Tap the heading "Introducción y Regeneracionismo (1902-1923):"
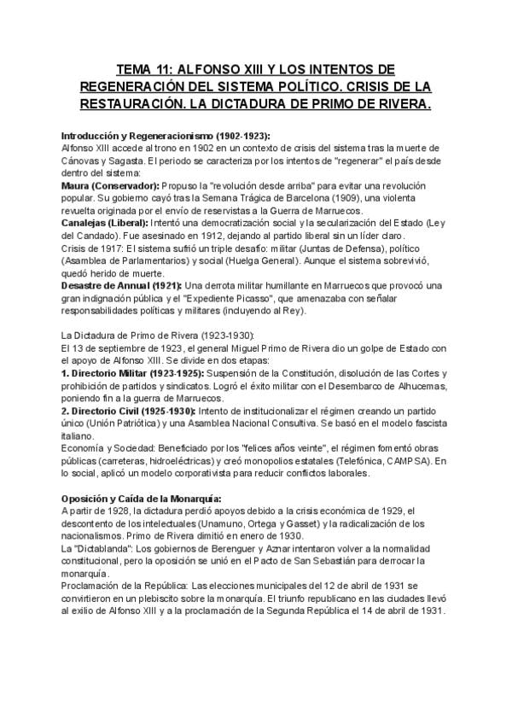(x=166, y=136)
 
